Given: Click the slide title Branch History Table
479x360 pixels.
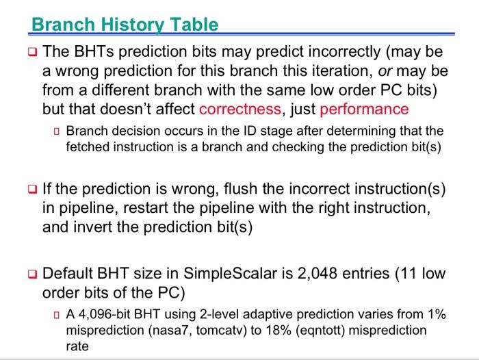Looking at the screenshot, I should [x=125, y=25].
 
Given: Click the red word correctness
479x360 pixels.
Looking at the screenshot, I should [x=239, y=110].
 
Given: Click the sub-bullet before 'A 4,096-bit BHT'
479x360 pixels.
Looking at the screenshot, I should [x=57, y=314].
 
